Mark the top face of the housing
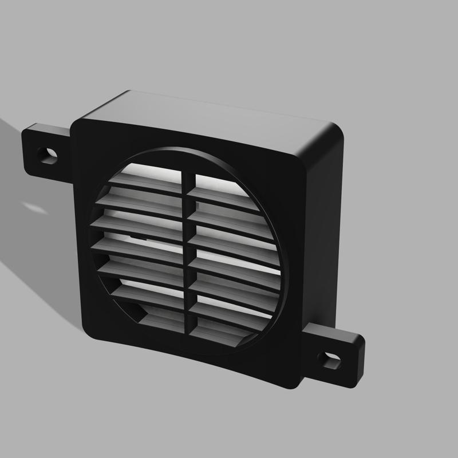[212, 117]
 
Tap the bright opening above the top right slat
[215, 179]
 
